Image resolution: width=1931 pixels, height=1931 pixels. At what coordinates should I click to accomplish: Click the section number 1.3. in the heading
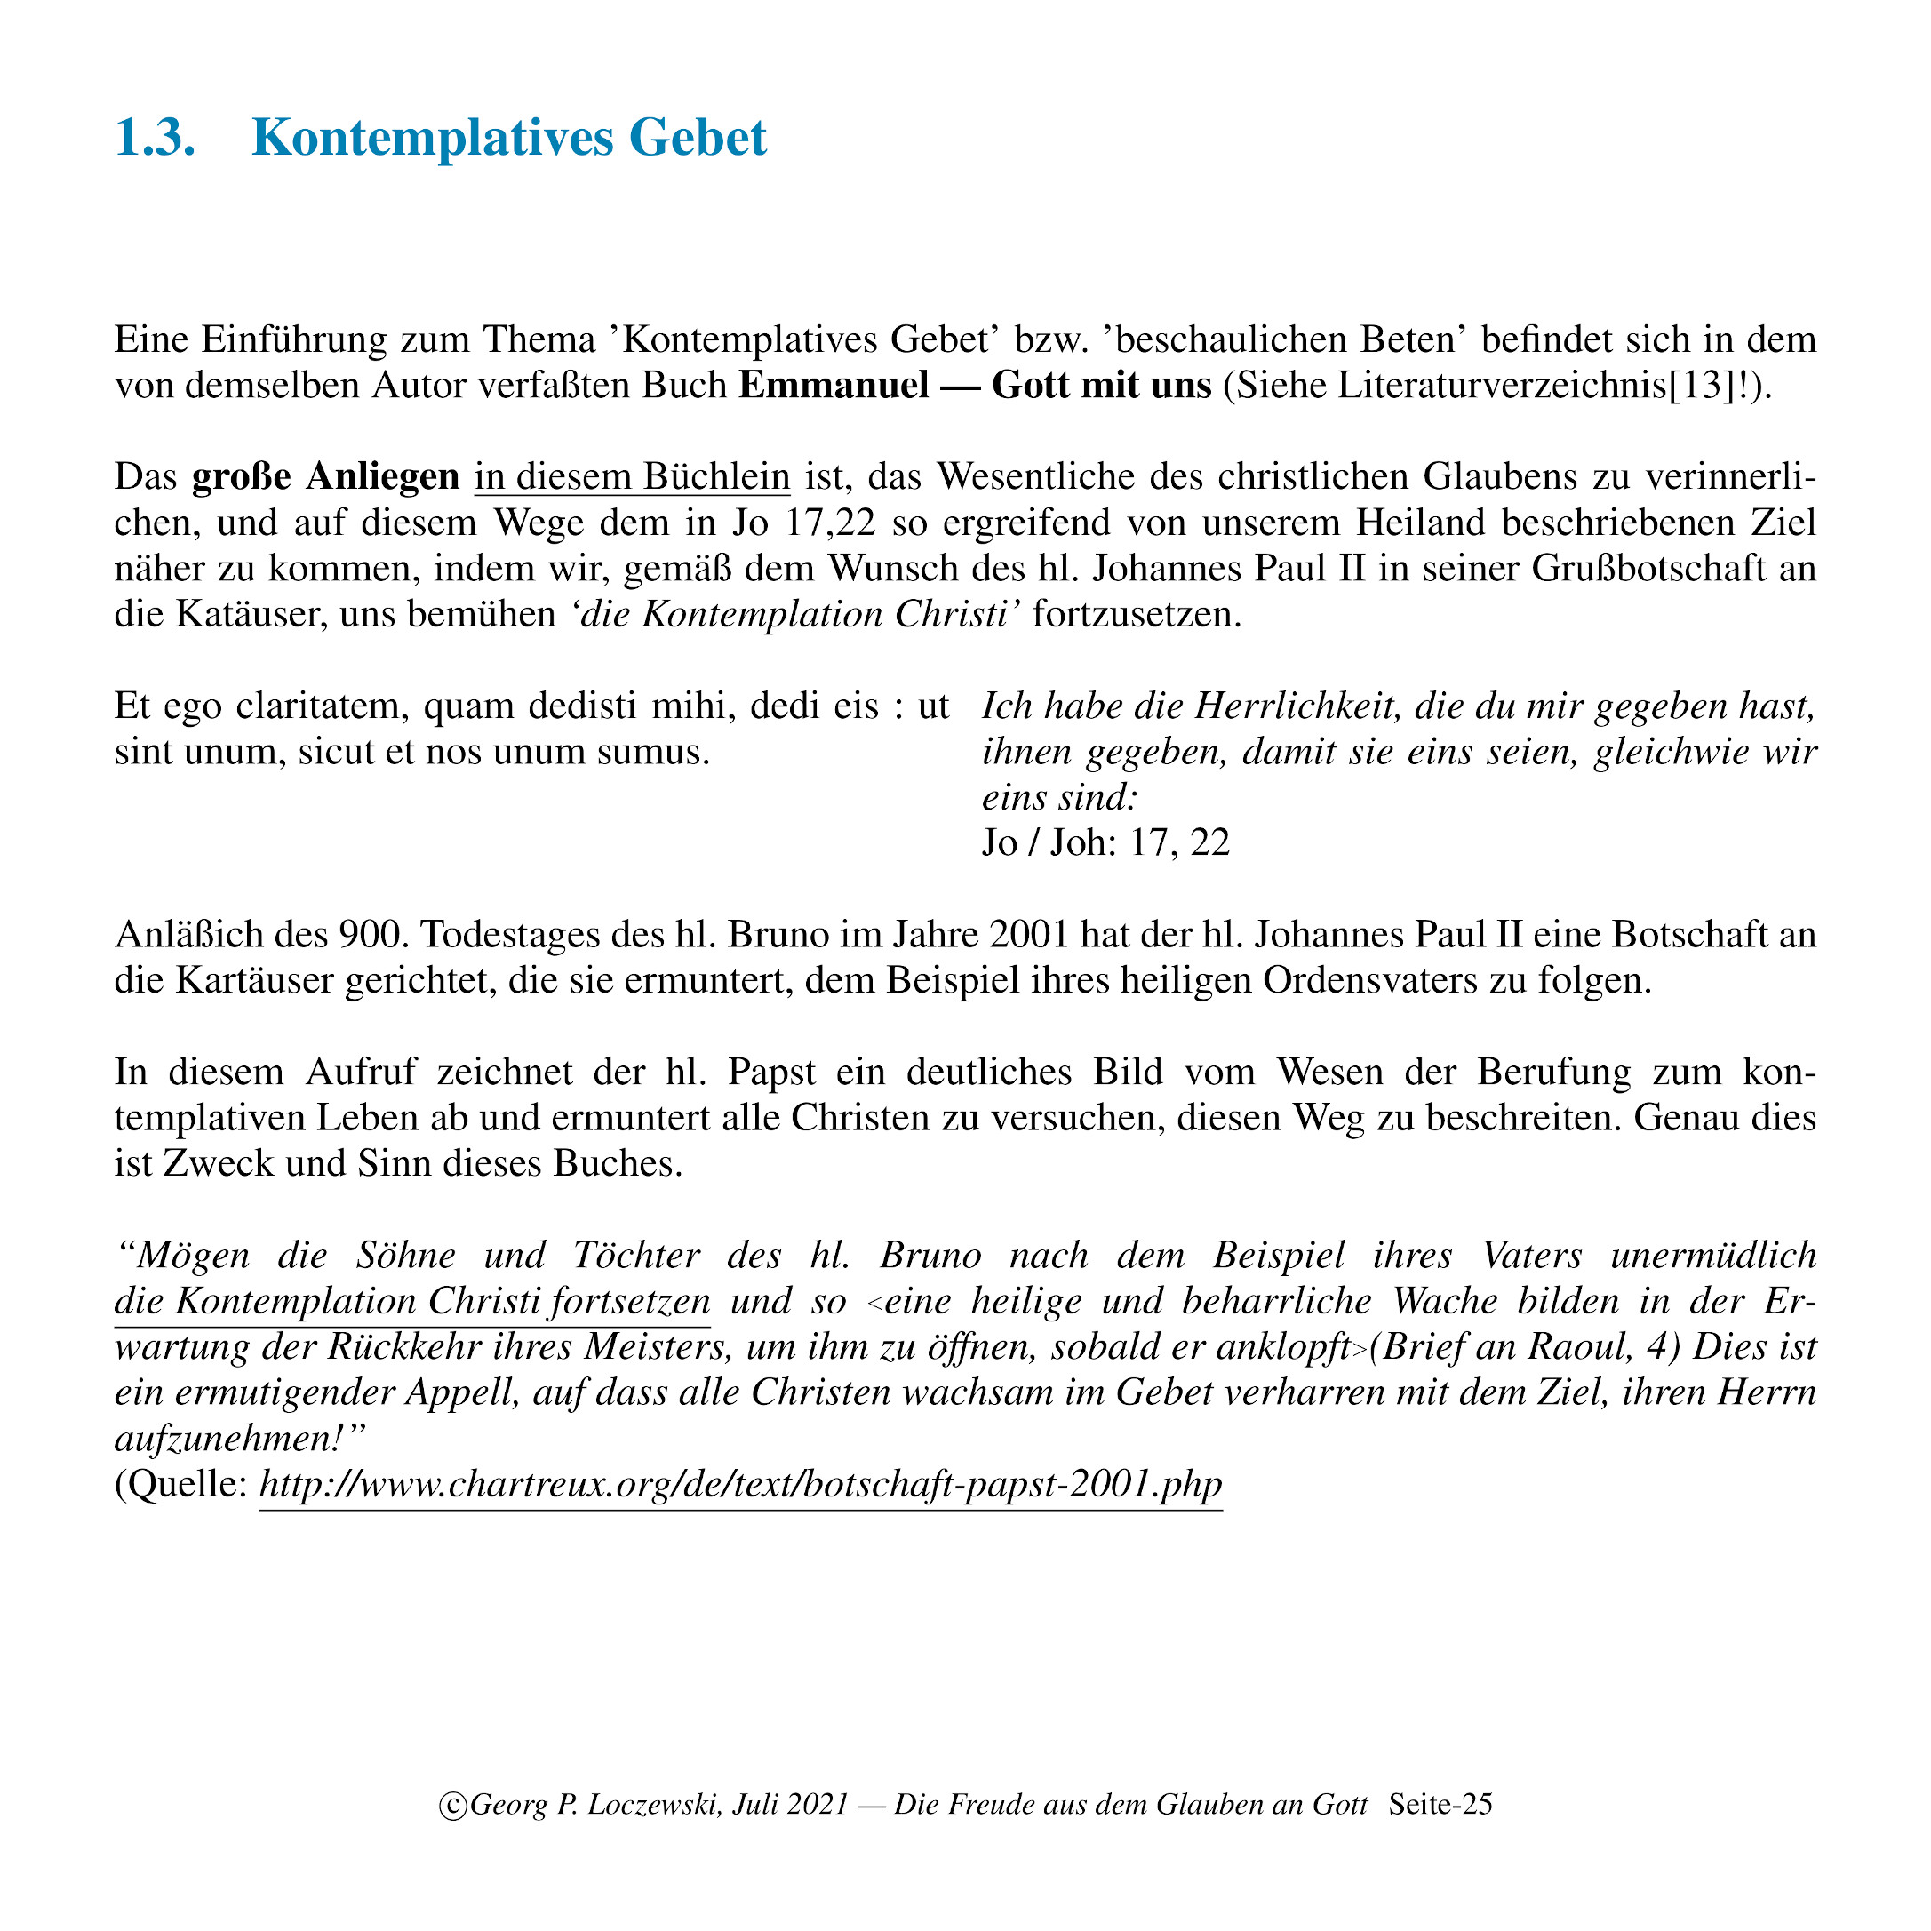155,138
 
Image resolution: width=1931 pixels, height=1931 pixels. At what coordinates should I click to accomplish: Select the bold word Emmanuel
834,385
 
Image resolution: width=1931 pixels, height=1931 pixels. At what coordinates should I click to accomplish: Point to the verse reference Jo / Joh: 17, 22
1105,842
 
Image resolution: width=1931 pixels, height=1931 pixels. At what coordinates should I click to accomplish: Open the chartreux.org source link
739,1484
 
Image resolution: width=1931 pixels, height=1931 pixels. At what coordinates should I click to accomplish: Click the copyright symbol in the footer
453,1805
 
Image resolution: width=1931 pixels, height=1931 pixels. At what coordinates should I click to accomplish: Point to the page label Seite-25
1440,1804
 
